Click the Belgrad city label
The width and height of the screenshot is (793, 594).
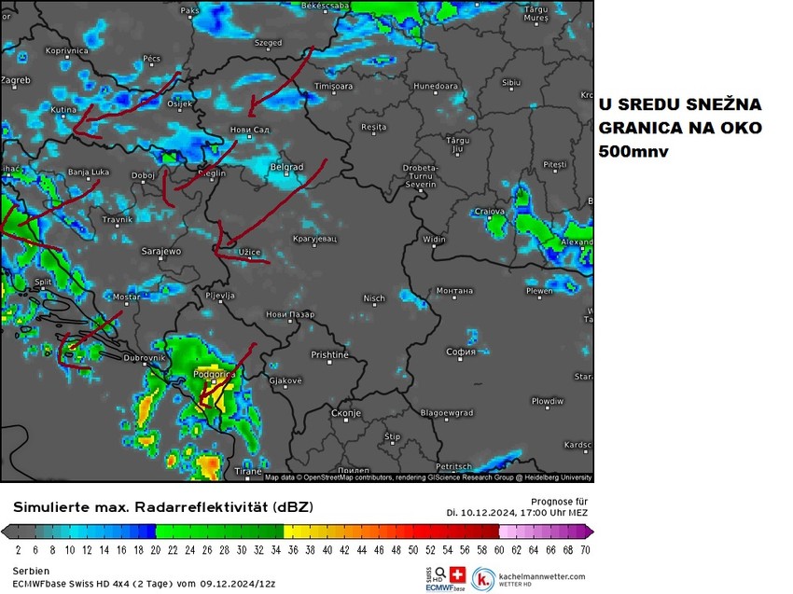pyautogui.click(x=286, y=167)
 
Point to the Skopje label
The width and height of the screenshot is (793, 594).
pyautogui.click(x=346, y=412)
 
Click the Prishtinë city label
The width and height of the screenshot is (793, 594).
pyautogui.click(x=329, y=354)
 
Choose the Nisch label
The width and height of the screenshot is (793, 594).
pyautogui.click(x=374, y=298)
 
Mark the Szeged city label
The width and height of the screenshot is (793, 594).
pyautogui.click(x=268, y=43)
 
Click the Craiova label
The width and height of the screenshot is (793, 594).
pyautogui.click(x=490, y=212)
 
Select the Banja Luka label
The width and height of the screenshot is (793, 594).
pyautogui.click(x=90, y=173)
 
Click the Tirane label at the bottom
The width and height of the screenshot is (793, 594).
pyautogui.click(x=248, y=472)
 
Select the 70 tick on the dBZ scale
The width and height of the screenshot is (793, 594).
pyautogui.click(x=584, y=549)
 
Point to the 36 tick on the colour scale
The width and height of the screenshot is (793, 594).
pyautogui.click(x=292, y=549)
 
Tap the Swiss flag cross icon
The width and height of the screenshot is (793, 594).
pyautogui.click(x=457, y=574)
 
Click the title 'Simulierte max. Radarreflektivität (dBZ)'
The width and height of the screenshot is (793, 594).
pyautogui.click(x=163, y=506)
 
